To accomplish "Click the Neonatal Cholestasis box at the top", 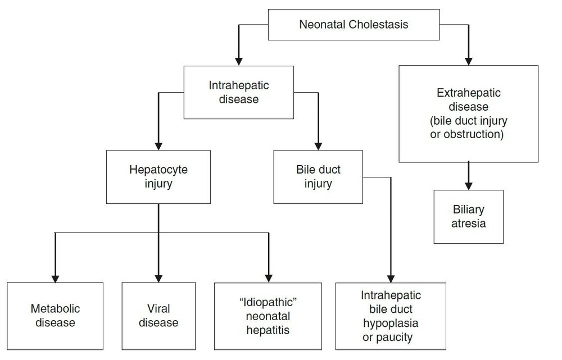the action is [x=353, y=24].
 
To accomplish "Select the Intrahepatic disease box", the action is [x=239, y=92].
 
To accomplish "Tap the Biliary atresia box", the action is [x=469, y=217].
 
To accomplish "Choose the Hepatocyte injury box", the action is [x=158, y=176].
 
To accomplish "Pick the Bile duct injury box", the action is [x=318, y=176].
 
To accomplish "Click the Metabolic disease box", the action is [x=55, y=316].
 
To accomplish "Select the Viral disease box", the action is [x=158, y=316].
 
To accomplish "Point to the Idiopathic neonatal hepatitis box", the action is [x=268, y=316].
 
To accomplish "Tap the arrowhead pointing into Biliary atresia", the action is [x=469, y=186].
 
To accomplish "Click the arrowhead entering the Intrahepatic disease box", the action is [x=239, y=61].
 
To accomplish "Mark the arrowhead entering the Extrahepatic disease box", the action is [x=469, y=61].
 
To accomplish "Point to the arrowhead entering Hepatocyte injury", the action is [x=158, y=146].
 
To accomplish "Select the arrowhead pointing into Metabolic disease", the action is [x=55, y=279].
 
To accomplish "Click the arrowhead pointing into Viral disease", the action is [x=158, y=279].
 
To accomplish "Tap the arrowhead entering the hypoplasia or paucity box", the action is [x=391, y=279].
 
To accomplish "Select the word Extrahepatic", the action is [x=469, y=93].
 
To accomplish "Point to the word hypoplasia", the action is [x=391, y=323].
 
